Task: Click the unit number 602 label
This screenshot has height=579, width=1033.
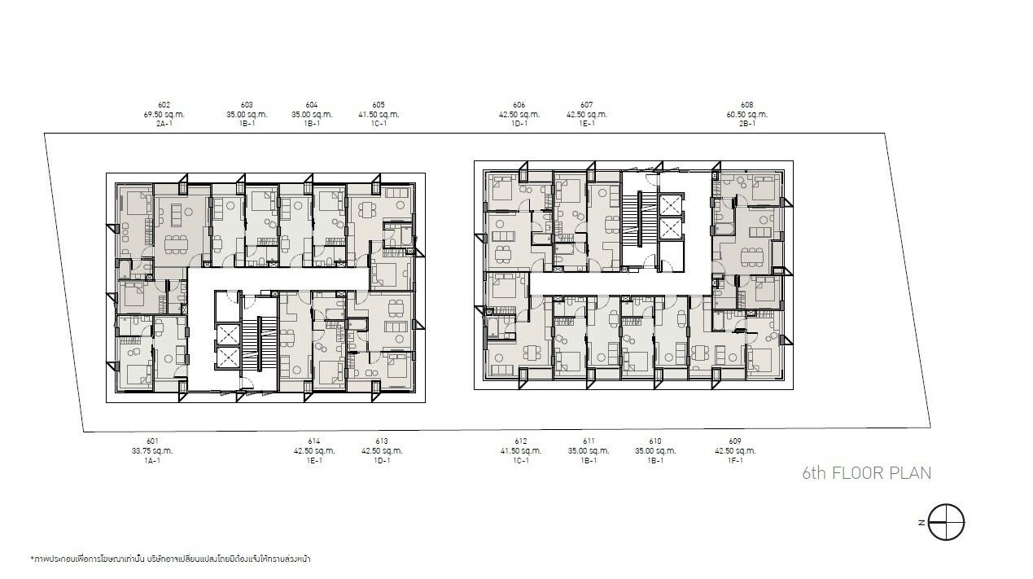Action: [x=164, y=105]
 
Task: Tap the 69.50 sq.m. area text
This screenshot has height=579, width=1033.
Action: [x=164, y=115]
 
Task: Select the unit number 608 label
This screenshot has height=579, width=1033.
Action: [x=747, y=105]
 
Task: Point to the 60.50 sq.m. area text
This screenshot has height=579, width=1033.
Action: [x=747, y=115]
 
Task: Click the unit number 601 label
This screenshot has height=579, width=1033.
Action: [x=152, y=441]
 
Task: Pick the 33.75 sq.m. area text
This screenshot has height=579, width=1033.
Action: [x=152, y=451]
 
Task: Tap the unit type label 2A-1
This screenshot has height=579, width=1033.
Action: [x=164, y=124]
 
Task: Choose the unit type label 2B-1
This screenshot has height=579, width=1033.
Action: [x=747, y=124]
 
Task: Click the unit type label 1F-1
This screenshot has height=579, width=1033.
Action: [x=735, y=460]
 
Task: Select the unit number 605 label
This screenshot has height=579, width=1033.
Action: [x=379, y=105]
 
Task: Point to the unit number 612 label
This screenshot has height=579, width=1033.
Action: [x=521, y=441]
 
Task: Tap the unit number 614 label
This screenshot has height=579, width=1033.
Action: [x=314, y=441]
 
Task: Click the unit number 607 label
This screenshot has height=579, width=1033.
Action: [x=587, y=105]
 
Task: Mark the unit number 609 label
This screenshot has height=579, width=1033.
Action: [x=735, y=441]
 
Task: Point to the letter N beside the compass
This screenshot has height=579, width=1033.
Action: [x=921, y=523]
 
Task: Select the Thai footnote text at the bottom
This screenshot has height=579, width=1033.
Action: [x=171, y=559]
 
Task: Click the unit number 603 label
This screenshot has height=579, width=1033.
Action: [x=247, y=105]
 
